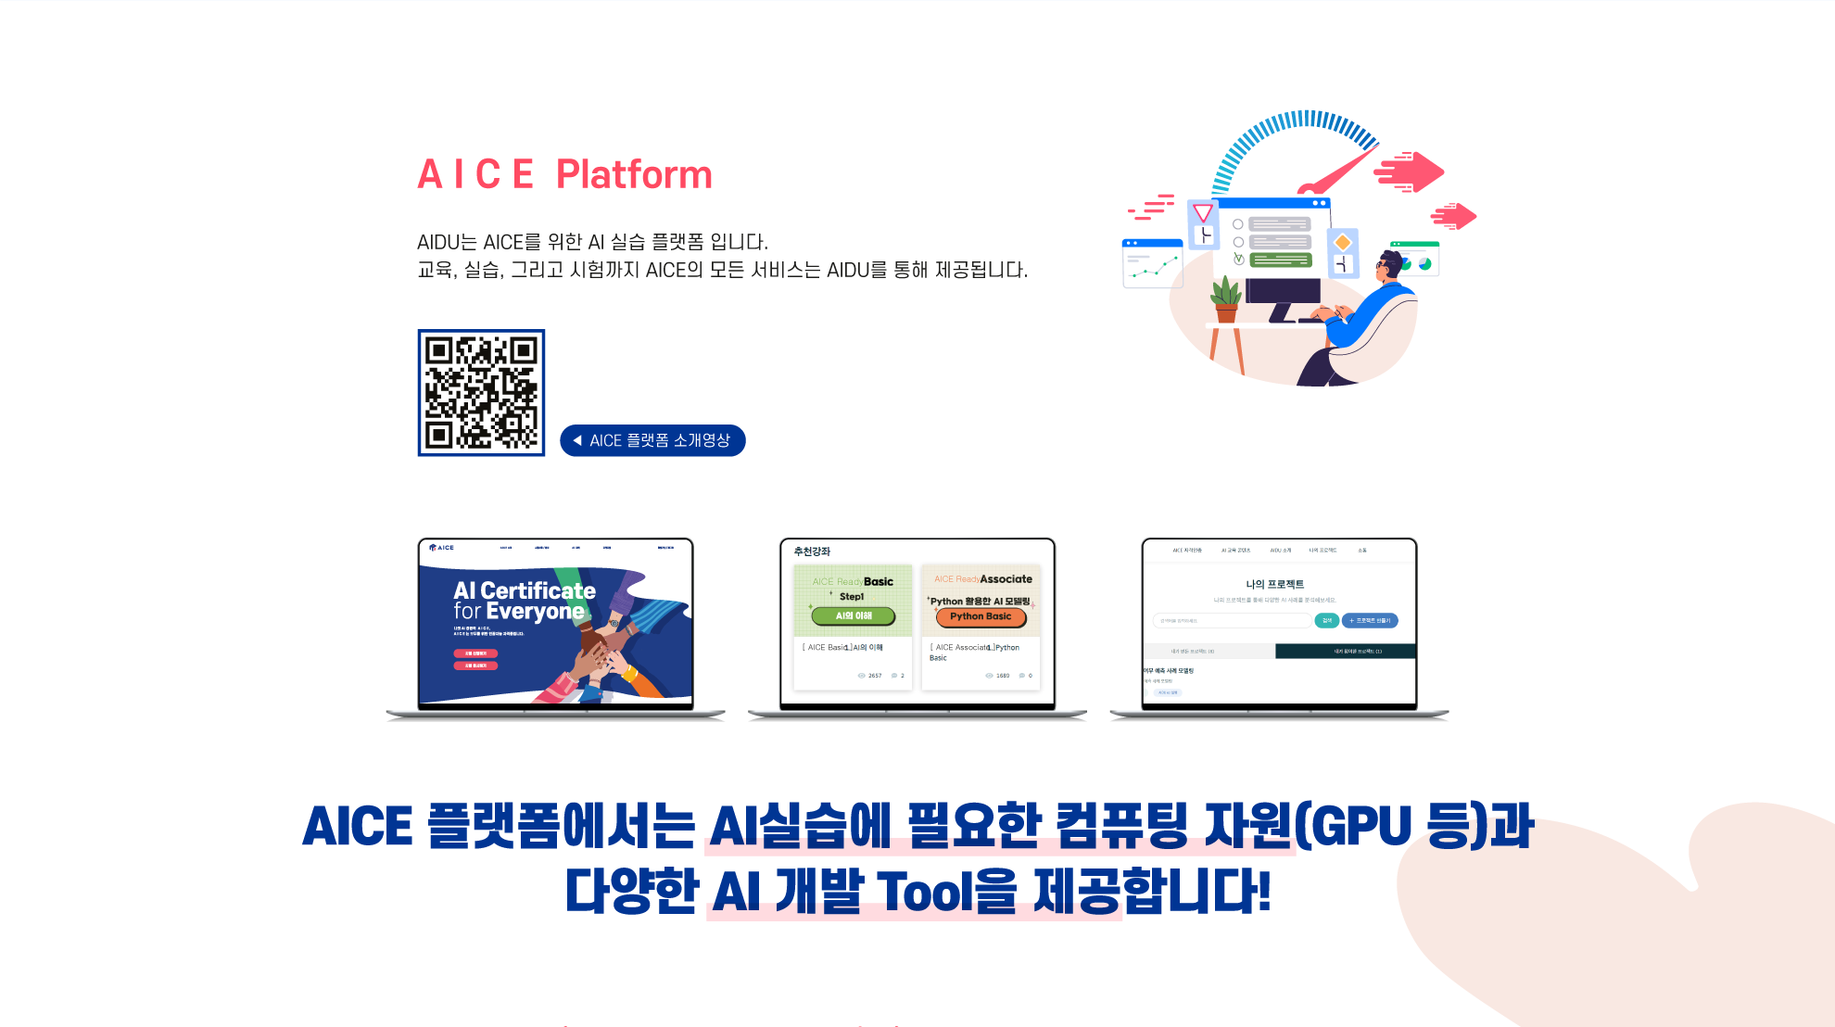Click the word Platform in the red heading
coord(634,174)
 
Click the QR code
coord(481,392)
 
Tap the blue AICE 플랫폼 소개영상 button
coord(652,440)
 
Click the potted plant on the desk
coord(1226,299)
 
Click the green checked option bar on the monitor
coord(1280,260)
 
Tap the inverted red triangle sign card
coord(1203,213)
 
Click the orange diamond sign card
coord(1342,243)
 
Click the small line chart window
coord(1152,264)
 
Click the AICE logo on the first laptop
coord(442,548)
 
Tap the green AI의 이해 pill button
coord(853,615)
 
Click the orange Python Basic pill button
coord(981,616)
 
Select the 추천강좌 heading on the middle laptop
coord(812,552)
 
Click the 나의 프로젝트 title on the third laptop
coord(1274,584)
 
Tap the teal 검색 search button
coord(1326,620)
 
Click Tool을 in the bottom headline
coord(945,892)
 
